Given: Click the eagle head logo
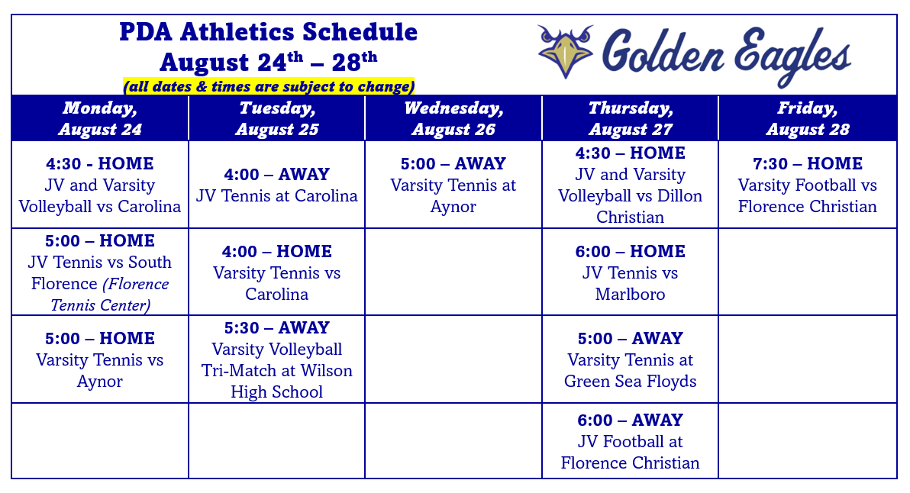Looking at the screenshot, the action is (565, 51).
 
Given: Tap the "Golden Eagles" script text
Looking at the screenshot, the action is (726, 56).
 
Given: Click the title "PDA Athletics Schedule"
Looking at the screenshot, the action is (268, 31).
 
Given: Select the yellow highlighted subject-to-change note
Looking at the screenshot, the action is (269, 86).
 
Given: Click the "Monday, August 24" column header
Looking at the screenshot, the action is (100, 118).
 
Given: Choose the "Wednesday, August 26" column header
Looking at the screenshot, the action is (453, 118).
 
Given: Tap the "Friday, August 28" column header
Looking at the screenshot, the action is (807, 118).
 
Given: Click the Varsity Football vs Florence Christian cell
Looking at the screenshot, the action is (807, 185).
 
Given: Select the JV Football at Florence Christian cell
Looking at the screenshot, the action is (631, 441).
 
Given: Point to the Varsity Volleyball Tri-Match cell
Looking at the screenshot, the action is (277, 359).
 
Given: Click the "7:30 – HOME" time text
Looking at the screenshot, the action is (807, 163).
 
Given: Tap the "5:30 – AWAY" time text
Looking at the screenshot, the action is (277, 327).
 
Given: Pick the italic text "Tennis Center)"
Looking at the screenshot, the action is (101, 305).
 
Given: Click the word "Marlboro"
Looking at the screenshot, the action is (631, 294).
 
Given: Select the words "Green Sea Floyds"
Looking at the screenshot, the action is (631, 381).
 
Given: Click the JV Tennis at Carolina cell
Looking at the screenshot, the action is (277, 185).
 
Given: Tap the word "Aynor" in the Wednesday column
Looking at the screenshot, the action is (453, 207).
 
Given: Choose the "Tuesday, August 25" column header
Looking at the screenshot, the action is (277, 118).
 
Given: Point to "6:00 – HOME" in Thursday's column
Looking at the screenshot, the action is (631, 251).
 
